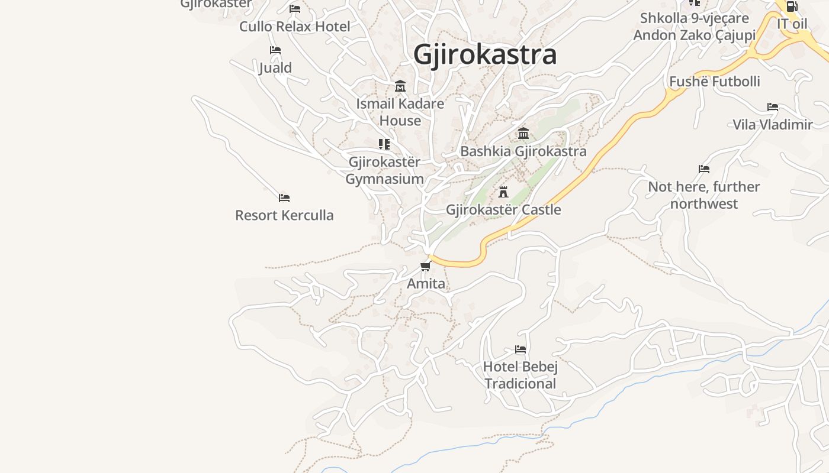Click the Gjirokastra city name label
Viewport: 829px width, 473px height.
click(x=485, y=54)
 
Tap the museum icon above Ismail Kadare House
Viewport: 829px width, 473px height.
click(x=400, y=86)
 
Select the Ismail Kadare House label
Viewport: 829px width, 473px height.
click(x=400, y=112)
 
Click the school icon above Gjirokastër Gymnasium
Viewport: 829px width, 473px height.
click(x=384, y=144)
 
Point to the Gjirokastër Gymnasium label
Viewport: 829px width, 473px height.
click(x=384, y=170)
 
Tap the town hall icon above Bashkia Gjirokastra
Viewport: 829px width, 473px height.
click(x=523, y=134)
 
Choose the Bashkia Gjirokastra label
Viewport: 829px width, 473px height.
click(x=523, y=151)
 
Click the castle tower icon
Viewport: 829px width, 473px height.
click(x=503, y=192)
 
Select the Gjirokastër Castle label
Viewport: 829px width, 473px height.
click(x=503, y=210)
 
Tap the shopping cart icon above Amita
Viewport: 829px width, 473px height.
click(x=425, y=267)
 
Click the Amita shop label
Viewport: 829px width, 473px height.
click(x=426, y=284)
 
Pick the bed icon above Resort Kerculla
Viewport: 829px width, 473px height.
click(x=284, y=198)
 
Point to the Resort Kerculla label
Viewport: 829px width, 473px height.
click(x=284, y=215)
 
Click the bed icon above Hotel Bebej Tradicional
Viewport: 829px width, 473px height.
click(x=520, y=349)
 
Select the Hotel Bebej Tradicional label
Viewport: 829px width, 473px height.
click(x=520, y=375)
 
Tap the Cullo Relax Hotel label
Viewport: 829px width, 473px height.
click(x=294, y=27)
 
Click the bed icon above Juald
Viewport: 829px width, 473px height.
click(x=275, y=50)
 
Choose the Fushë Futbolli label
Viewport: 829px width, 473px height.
click(x=714, y=82)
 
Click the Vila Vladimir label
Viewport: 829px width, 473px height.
click(x=773, y=125)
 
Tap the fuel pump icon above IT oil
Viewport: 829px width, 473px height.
click(x=792, y=7)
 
